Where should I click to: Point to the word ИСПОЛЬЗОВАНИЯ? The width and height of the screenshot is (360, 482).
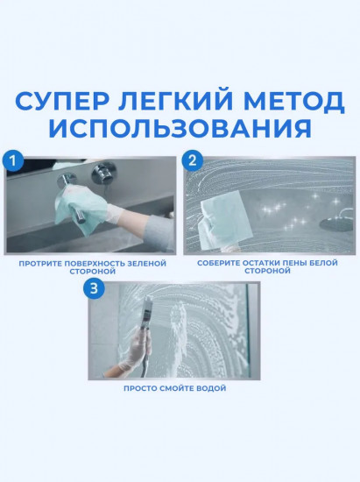pyautogui.click(x=180, y=128)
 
